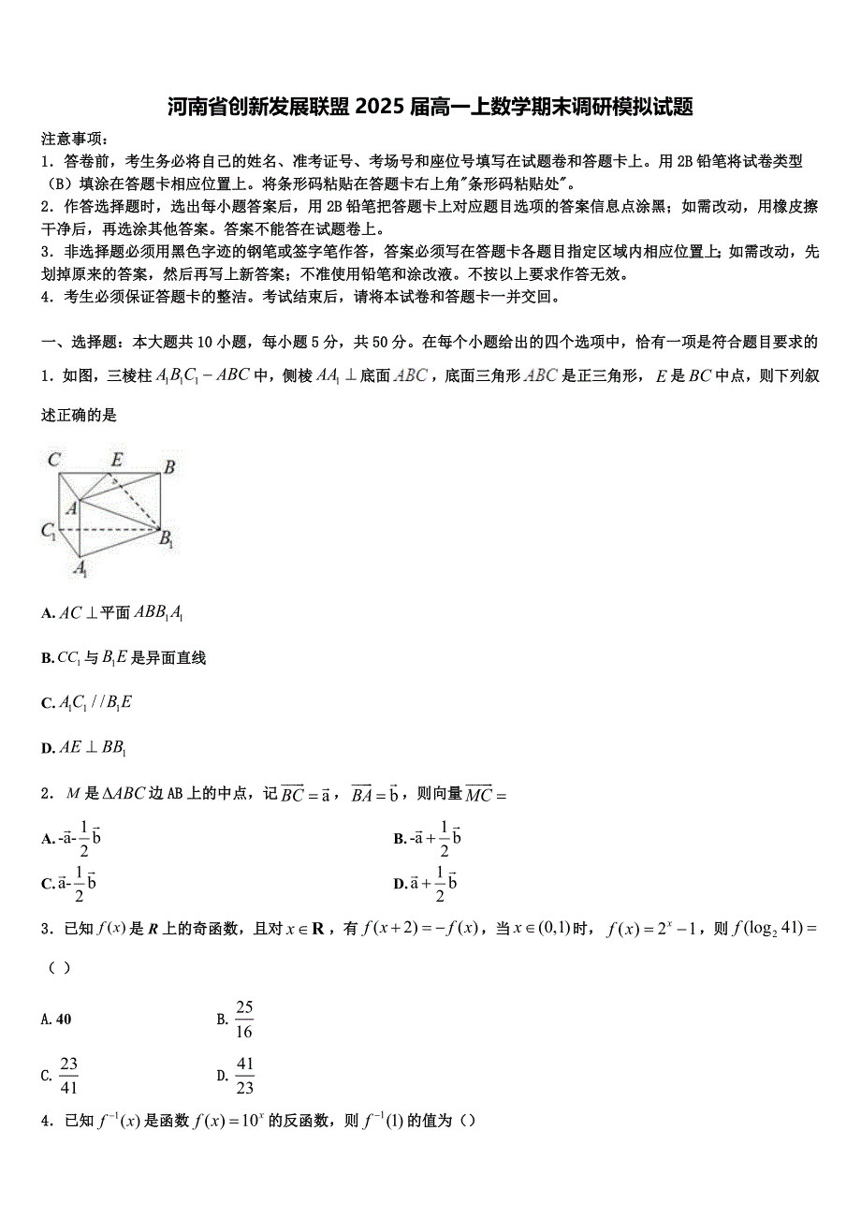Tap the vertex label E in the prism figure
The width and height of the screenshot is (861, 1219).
[116, 459]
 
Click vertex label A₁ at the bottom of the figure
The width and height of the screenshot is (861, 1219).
[80, 568]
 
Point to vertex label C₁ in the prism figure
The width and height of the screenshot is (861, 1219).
[49, 531]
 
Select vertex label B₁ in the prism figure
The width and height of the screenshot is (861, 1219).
[167, 538]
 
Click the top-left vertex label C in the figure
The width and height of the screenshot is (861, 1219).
[54, 459]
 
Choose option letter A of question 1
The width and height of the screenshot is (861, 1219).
[47, 614]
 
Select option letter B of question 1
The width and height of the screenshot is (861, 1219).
[47, 659]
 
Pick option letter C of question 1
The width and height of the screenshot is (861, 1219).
[47, 703]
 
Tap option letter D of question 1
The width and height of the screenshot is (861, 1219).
[47, 748]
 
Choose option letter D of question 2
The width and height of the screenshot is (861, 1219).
[400, 884]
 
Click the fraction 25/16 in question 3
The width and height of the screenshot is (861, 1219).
[244, 1020]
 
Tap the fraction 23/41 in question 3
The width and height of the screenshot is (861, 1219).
[68, 1076]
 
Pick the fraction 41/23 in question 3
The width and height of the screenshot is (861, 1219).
[244, 1076]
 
